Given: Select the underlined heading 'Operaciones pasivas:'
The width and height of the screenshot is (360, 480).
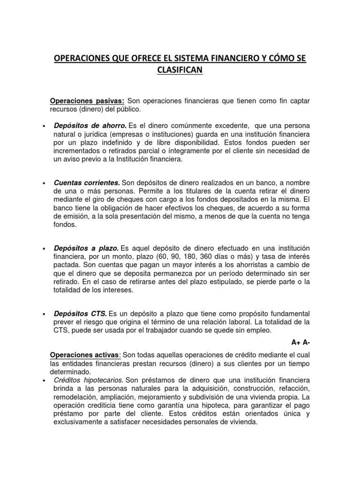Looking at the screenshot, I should [87, 101].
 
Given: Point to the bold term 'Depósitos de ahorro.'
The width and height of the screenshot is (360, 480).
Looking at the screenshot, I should [90, 126].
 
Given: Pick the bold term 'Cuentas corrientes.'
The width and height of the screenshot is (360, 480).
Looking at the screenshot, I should [87, 182].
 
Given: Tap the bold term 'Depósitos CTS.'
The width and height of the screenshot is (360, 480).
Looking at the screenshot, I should [81, 313].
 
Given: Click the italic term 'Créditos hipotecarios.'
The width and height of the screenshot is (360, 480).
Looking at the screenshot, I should [89, 379].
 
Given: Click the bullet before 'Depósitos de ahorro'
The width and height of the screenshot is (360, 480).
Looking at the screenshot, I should [44, 127].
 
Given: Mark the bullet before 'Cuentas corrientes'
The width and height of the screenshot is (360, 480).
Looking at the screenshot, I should [44, 183].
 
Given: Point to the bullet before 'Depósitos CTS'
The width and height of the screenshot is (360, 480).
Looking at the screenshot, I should [44, 313].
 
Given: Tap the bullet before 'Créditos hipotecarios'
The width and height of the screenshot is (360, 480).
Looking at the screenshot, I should [44, 380].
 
